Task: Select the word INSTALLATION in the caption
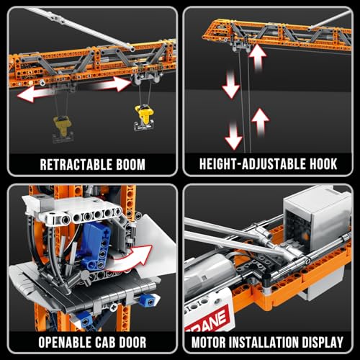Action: pos(270,341)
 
